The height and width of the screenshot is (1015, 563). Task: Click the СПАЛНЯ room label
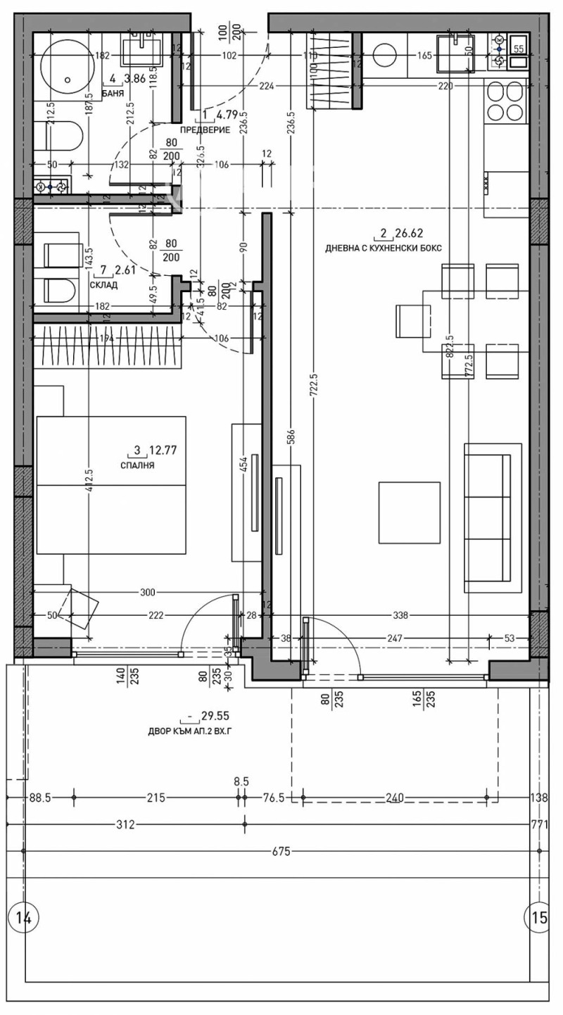137,465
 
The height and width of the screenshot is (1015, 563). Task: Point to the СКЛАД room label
104,285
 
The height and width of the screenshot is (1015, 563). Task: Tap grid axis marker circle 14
23,917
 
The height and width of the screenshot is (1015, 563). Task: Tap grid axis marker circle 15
539,917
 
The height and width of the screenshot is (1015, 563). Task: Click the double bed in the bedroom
111,485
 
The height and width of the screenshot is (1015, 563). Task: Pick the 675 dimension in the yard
281,851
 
